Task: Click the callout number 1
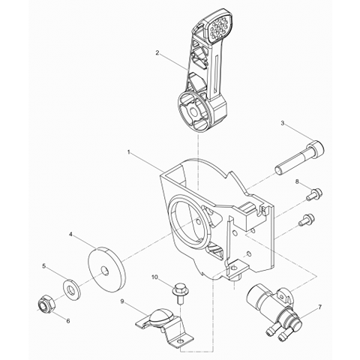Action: [129, 151]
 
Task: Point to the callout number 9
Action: [121, 302]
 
